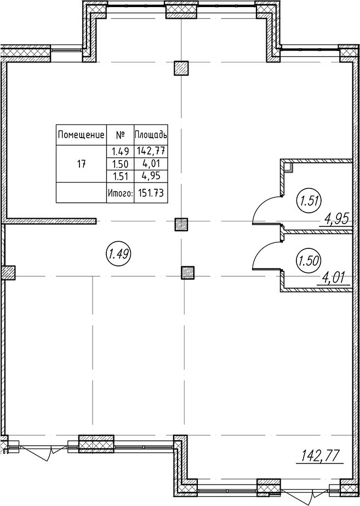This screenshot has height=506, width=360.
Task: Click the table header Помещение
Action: (81, 134)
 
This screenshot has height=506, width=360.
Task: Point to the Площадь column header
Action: (151, 134)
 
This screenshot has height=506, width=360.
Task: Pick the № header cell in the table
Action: (120, 135)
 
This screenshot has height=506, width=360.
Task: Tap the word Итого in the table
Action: (120, 194)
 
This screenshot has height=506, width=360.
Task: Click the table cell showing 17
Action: (81, 164)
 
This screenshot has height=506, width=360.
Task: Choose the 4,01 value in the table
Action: (151, 164)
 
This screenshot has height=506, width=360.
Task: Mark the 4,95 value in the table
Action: (151, 176)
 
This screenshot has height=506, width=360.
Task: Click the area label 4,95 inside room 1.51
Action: (337, 220)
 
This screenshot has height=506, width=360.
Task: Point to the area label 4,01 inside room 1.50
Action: (334, 278)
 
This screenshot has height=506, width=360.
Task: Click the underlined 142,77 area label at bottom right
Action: (321, 456)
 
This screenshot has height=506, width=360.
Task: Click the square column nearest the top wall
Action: (181, 68)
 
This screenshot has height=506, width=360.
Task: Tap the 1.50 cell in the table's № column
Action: (120, 164)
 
